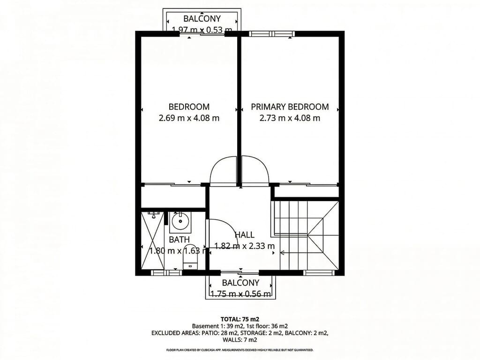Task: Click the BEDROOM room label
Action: tap(189, 106)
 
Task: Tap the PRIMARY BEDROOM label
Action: tap(290, 106)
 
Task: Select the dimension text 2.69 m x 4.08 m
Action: tap(189, 118)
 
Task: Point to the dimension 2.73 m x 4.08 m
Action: tap(290, 118)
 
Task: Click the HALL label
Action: tap(244, 235)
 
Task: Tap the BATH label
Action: tap(179, 240)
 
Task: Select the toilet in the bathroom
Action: tap(190, 255)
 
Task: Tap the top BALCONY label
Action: tap(202, 19)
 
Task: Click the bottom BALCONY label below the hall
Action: tap(240, 283)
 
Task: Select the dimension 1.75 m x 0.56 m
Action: tap(240, 294)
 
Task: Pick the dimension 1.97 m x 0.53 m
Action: tap(202, 30)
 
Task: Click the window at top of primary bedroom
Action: tap(271, 33)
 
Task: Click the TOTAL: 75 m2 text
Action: tap(240, 319)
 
